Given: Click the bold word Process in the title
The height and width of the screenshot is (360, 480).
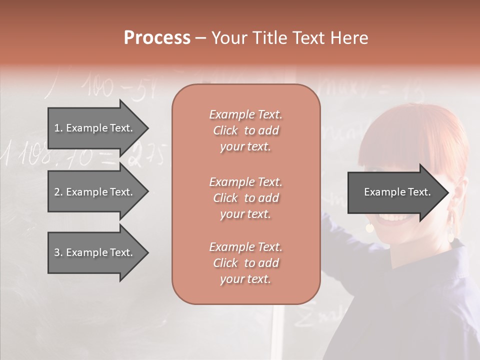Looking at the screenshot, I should [157, 38].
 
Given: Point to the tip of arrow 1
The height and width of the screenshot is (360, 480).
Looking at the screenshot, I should [147, 128].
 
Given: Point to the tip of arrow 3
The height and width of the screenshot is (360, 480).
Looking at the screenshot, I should [147, 253].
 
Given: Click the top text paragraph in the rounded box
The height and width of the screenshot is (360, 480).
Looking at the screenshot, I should [245, 130].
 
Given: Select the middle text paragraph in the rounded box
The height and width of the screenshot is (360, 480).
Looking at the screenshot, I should [245, 197].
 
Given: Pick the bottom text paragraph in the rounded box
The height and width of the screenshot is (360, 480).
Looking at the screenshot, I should [245, 263].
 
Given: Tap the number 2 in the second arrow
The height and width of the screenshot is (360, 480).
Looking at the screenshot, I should [57, 192].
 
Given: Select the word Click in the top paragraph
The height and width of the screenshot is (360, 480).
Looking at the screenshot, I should [225, 130].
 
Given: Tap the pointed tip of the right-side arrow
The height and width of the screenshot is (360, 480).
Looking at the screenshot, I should [448, 192].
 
